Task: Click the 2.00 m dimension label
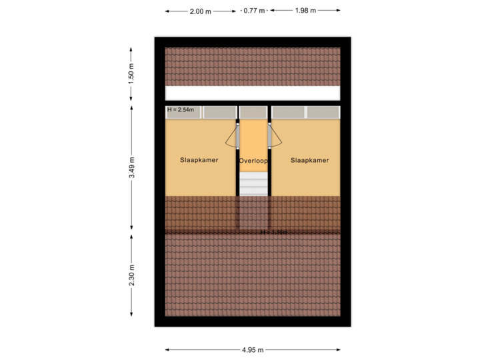(x=200, y=11)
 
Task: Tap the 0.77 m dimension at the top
(x=254, y=11)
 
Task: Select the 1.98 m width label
(x=305, y=11)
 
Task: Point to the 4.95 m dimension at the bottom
(x=253, y=349)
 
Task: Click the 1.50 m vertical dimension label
(x=131, y=74)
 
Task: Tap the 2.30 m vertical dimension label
(x=131, y=275)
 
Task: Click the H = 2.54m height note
(x=181, y=109)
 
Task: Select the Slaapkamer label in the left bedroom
(x=199, y=160)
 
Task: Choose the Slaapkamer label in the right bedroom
(x=310, y=160)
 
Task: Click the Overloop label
(x=253, y=161)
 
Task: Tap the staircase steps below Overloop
(x=253, y=183)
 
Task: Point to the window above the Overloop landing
(x=253, y=112)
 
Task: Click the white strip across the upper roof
(x=253, y=93)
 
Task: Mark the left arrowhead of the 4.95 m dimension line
(x=167, y=349)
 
